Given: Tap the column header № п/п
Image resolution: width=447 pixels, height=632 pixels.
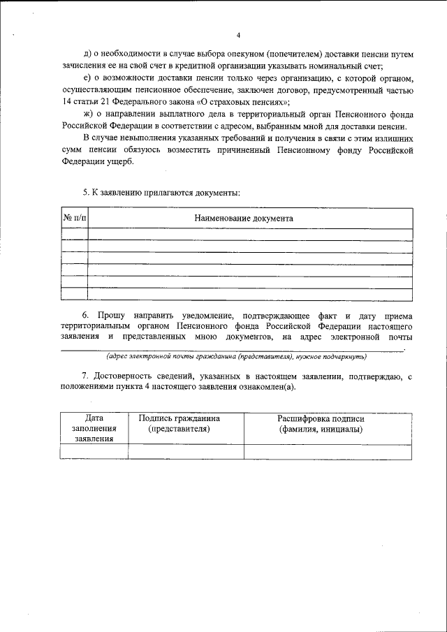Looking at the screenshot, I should [x=75, y=218].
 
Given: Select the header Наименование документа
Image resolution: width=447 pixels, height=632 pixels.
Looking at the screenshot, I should [x=244, y=218].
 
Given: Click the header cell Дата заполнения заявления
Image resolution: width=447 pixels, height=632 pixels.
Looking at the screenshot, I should [x=94, y=429].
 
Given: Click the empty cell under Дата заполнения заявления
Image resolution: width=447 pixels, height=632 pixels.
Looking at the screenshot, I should [x=94, y=452].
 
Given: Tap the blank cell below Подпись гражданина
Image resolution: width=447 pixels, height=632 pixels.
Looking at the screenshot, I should [x=185, y=452].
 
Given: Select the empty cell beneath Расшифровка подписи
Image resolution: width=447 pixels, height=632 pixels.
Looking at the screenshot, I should [x=327, y=452].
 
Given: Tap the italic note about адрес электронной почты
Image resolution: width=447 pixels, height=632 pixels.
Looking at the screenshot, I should [x=232, y=355].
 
